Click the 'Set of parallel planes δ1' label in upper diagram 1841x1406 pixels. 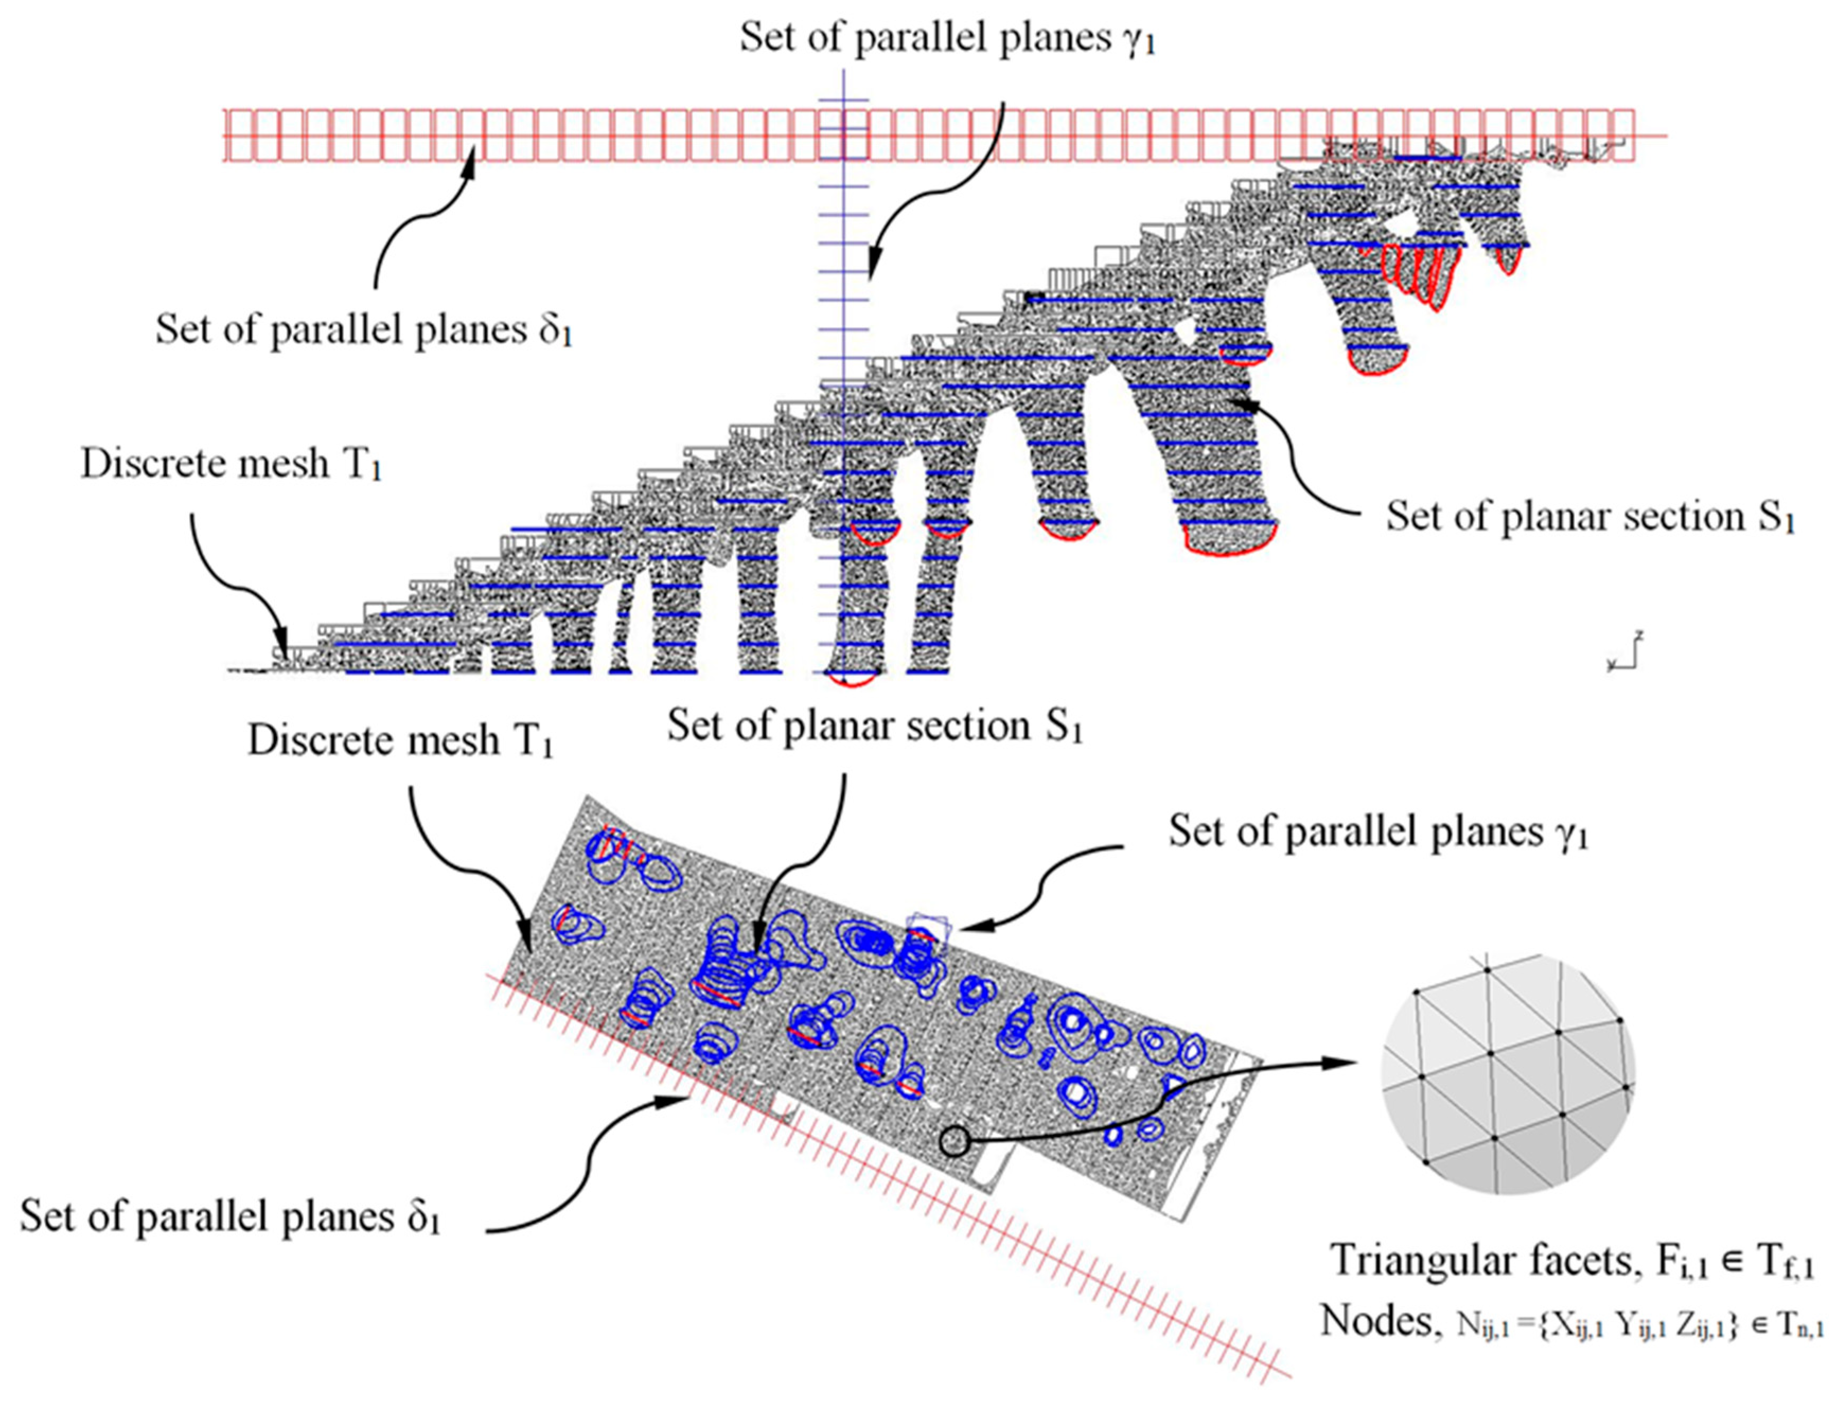364,330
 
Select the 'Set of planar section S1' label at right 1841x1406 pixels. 1589,517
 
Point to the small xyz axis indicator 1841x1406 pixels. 1624,653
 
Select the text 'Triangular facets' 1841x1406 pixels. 1480,1283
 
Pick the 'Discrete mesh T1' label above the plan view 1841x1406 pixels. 400,741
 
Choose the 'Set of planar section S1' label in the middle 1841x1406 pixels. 874,726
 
